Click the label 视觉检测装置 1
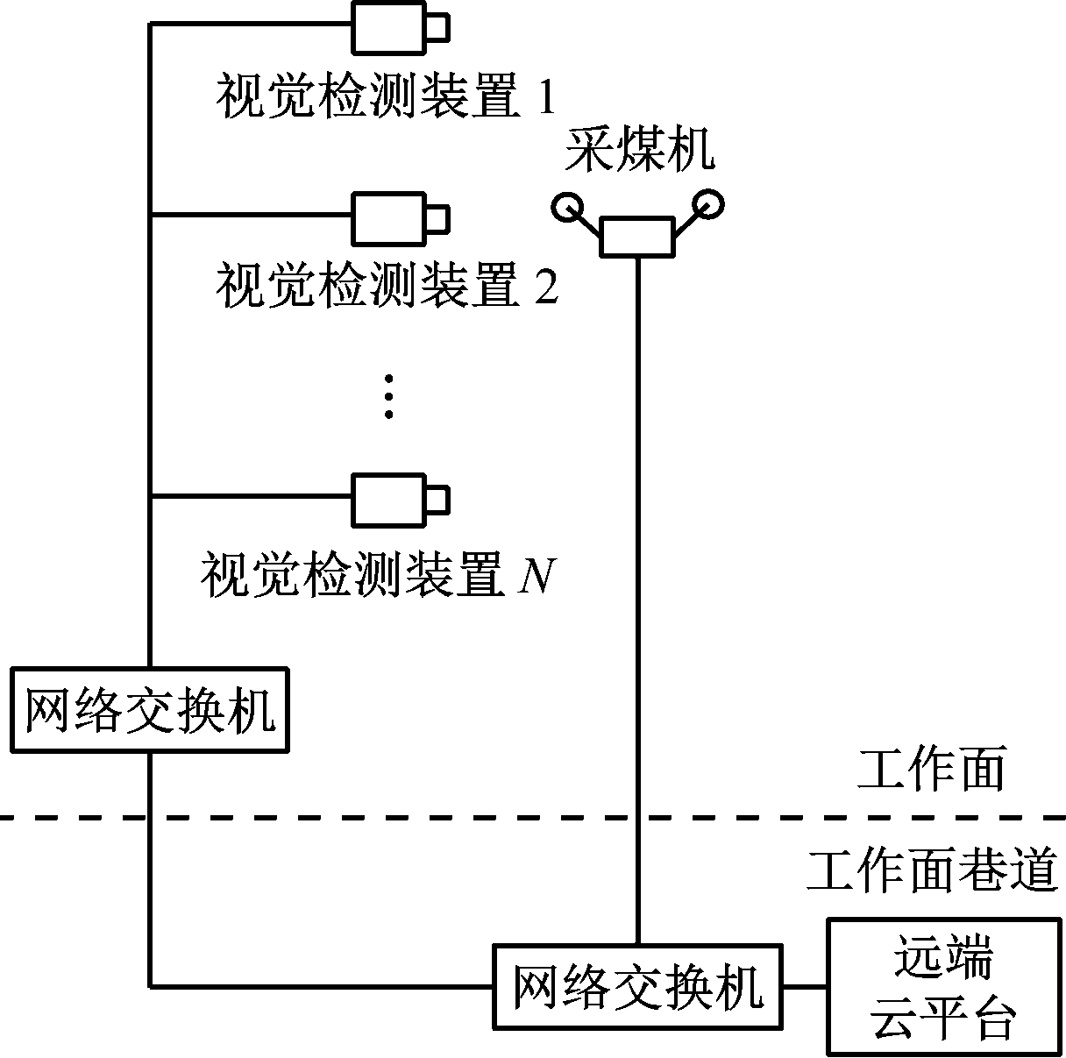(385, 98)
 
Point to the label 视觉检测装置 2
(386, 287)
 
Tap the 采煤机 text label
(638, 151)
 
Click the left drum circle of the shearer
(566, 207)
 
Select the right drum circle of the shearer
(708, 204)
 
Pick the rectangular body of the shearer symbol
(637, 238)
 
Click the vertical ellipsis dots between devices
(389, 397)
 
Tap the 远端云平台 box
(943, 986)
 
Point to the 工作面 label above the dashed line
(932, 770)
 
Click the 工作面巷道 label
(932, 870)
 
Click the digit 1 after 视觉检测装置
(545, 98)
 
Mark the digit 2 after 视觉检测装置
(545, 287)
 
